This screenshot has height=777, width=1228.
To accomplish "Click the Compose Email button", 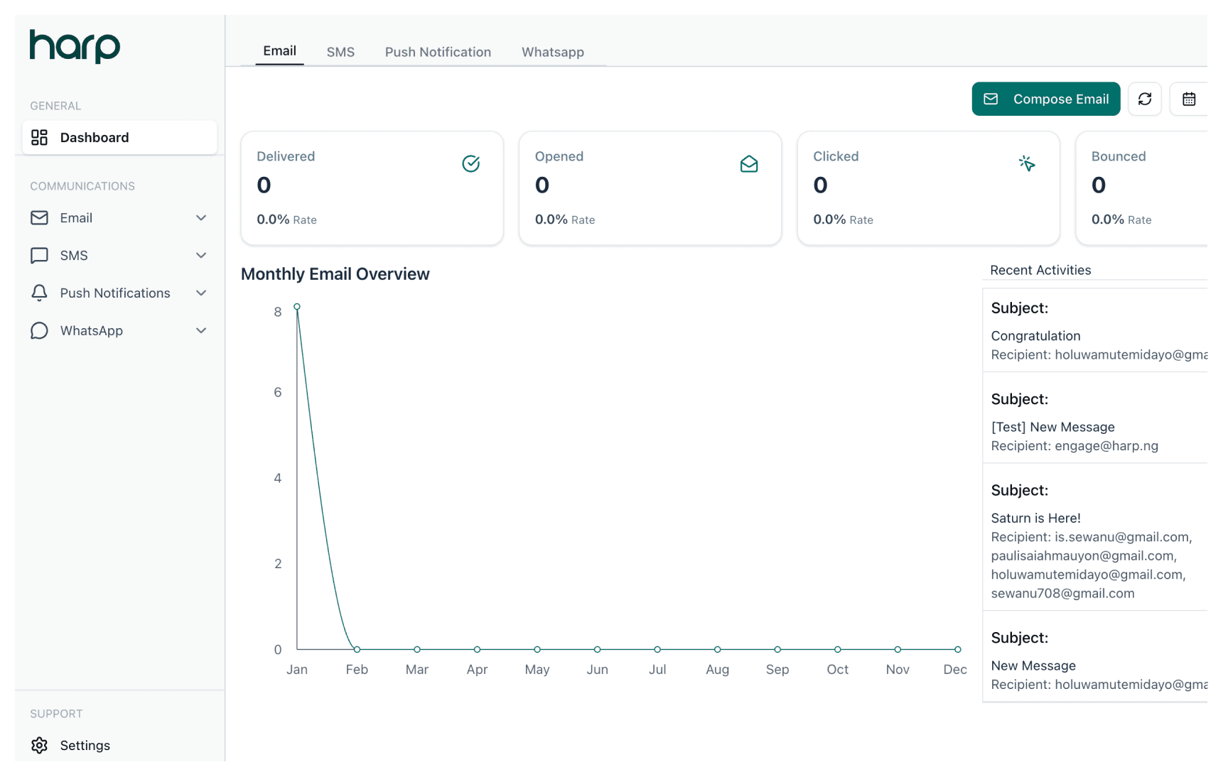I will (1045, 99).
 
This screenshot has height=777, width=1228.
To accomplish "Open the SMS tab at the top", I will (340, 52).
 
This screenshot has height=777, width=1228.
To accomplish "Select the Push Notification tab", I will (438, 52).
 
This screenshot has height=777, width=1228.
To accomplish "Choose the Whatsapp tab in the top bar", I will (552, 52).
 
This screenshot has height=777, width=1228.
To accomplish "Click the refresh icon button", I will (1144, 99).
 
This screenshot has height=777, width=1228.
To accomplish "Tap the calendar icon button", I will (1188, 99).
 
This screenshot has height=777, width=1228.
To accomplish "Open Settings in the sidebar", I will (85, 745).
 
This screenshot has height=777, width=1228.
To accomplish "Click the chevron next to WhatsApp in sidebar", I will (201, 330).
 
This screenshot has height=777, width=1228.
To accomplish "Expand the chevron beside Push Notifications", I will (201, 293).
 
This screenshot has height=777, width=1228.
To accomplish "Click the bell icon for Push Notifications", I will (39, 293).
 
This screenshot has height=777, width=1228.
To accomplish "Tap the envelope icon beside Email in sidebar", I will (39, 217).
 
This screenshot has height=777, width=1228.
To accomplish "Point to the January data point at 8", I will (297, 307).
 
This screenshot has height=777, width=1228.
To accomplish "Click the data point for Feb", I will (357, 649).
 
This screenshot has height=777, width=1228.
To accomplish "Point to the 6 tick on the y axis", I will (278, 392).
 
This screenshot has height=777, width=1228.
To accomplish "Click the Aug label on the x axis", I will (717, 669).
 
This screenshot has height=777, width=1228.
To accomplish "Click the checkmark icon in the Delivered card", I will (470, 163).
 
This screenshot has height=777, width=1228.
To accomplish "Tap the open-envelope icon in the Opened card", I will (748, 164).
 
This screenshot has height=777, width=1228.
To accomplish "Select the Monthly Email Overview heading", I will (335, 274).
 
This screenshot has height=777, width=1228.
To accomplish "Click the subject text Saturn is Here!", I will (1035, 518).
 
